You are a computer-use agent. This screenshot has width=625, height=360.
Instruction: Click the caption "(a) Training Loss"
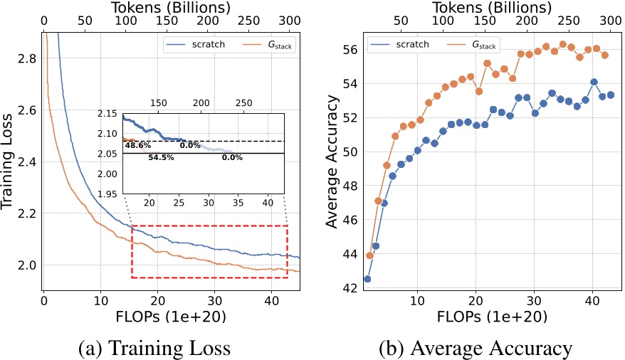click(x=156, y=349)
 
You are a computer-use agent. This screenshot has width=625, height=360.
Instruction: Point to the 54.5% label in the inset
click(x=162, y=157)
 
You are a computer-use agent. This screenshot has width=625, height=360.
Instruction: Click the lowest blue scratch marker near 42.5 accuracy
click(x=367, y=279)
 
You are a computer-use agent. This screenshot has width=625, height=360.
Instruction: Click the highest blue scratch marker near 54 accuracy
click(x=594, y=82)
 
